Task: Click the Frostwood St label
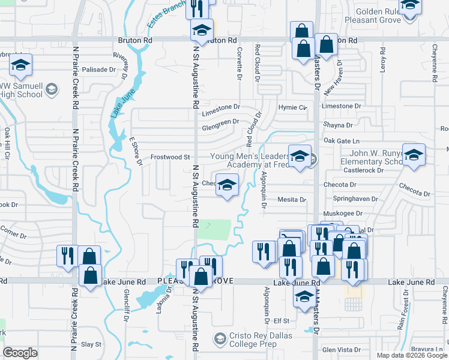pos(170,157)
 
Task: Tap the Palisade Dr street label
pos(98,70)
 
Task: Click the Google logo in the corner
pos(20,353)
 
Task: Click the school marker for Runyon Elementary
pos(413,156)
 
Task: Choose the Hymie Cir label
pos(292,107)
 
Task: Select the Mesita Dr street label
pos(291,200)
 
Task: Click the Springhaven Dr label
pos(358,199)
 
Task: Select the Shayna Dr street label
pos(337,125)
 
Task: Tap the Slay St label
pos(91,344)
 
